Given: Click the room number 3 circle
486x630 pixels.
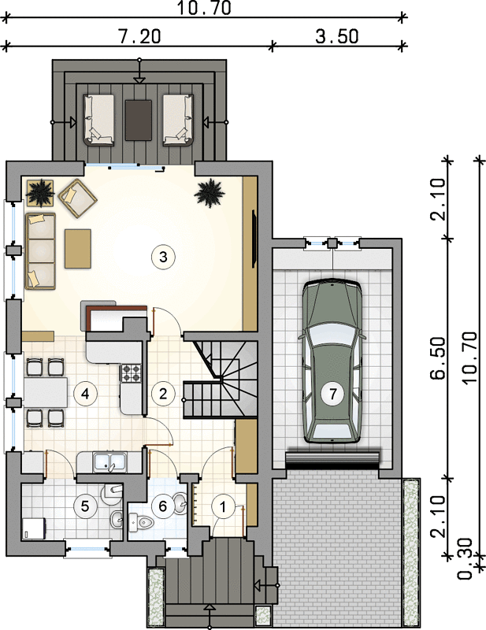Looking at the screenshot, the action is [x=163, y=257].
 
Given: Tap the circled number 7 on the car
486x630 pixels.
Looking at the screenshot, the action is [x=333, y=394].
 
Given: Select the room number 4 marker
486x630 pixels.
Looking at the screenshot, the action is [x=85, y=394].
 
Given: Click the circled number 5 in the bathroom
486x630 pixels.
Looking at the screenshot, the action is [x=85, y=506].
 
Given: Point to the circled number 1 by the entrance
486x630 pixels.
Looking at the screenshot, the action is [x=223, y=507].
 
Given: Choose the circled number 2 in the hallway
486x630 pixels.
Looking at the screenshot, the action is [x=163, y=394].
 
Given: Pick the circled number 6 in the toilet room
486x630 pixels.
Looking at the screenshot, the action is [x=163, y=506].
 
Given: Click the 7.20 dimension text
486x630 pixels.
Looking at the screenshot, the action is [x=139, y=36].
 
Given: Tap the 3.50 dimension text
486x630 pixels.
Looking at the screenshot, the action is [x=337, y=36].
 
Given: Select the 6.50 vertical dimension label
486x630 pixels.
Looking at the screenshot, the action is [x=438, y=358].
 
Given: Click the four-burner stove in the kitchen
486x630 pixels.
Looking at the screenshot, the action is [x=131, y=372].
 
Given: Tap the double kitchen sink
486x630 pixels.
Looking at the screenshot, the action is [x=109, y=461].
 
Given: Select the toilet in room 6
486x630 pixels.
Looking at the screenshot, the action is [x=142, y=522].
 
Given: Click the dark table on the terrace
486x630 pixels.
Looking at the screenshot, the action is [x=139, y=120].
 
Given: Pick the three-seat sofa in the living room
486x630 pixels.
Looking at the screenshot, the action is [x=40, y=251].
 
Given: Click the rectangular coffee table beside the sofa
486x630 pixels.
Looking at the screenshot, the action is [x=77, y=248].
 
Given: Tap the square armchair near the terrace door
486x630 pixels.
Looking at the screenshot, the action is [x=77, y=198].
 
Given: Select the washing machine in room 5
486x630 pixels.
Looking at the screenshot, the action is [x=34, y=528].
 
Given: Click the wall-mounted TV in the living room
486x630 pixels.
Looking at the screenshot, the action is [x=254, y=239].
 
